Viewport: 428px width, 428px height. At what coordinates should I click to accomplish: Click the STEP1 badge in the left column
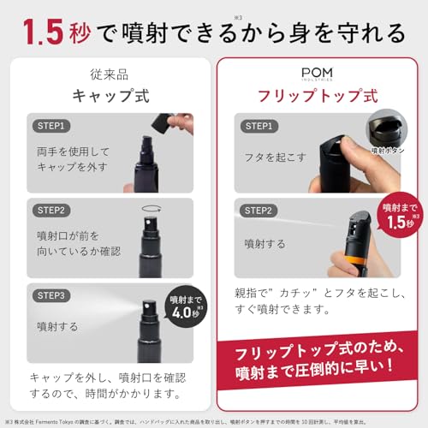[51, 126]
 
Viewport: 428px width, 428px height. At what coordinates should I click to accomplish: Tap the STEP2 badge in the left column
[51, 210]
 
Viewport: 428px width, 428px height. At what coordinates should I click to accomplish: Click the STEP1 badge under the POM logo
[259, 126]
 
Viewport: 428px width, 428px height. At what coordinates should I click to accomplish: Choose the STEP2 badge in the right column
[259, 210]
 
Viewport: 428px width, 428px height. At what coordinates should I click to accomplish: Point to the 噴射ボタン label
[388, 151]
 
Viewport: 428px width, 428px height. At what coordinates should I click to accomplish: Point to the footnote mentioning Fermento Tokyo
[214, 422]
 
